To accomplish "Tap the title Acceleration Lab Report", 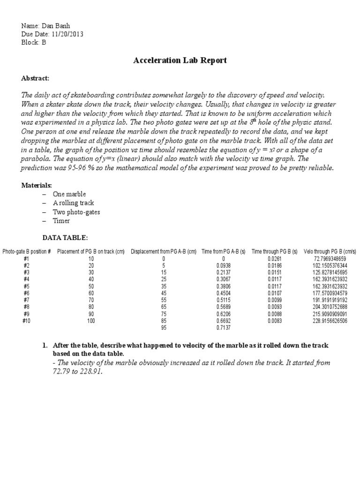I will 180,60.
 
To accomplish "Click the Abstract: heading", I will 35,78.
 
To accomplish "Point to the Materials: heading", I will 37,185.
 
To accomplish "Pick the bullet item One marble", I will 69,194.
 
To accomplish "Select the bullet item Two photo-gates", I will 76,212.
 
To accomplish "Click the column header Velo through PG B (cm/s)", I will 330,252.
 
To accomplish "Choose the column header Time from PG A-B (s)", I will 223,252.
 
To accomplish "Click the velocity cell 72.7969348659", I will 330,259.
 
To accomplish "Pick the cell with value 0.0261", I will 274,259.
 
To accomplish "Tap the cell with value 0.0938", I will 224,265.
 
